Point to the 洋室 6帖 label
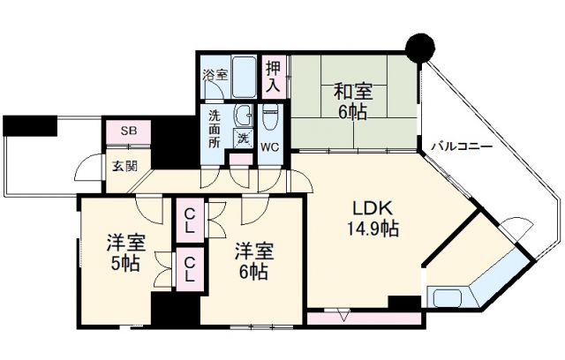[x=254, y=259]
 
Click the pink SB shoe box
[x=129, y=132]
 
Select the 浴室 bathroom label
[x=215, y=75]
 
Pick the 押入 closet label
[x=274, y=77]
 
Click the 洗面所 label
[x=216, y=129]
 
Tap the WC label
[x=270, y=146]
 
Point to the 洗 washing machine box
[x=241, y=138]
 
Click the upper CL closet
[x=189, y=219]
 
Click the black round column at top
[x=418, y=46]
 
